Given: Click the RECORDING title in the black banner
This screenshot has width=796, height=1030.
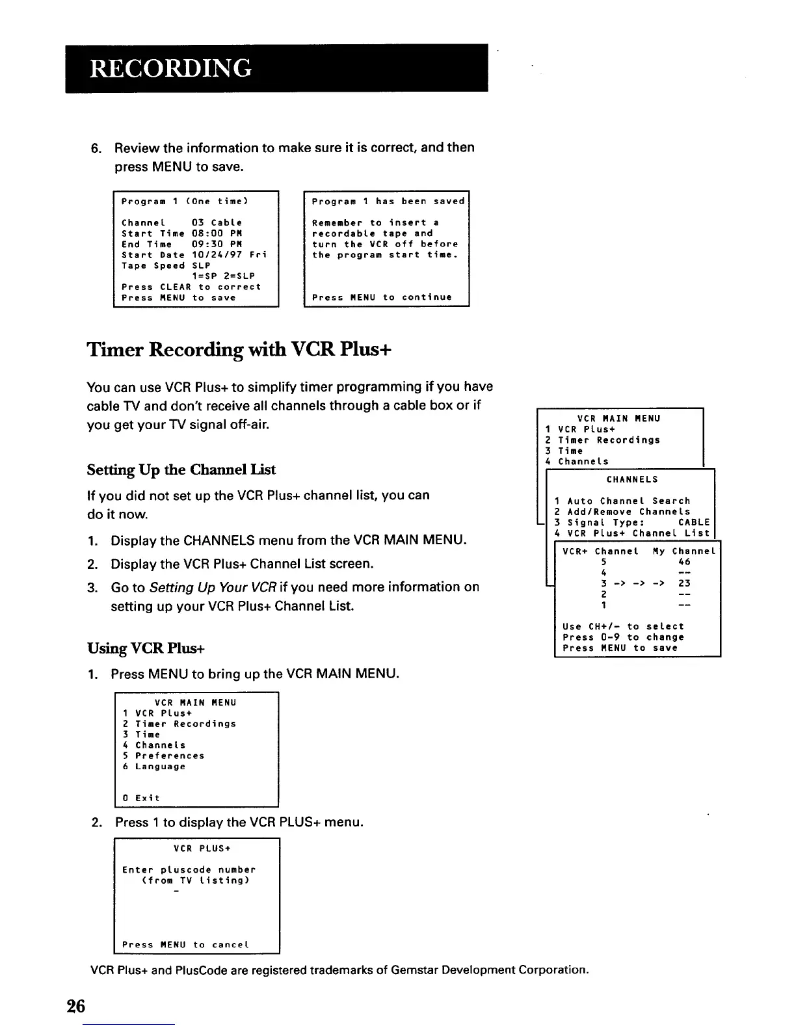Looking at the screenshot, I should tap(170, 68).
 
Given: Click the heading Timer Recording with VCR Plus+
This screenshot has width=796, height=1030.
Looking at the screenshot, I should tap(239, 350).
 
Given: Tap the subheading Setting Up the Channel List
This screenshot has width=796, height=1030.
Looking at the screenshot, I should tap(181, 469).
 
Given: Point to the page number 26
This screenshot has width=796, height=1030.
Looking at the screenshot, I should tap(75, 1006).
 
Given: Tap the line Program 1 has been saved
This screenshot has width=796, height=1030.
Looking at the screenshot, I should tap(388, 202).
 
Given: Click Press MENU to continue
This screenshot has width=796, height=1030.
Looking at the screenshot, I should tap(382, 298).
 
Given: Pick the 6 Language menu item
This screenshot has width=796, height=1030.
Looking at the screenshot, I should tap(154, 767).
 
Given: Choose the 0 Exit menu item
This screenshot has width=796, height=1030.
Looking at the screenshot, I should tap(141, 798).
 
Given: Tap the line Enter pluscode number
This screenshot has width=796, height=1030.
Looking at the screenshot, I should tap(189, 870).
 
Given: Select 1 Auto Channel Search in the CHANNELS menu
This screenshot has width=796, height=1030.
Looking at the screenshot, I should tap(622, 501).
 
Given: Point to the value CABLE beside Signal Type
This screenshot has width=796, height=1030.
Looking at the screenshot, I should tap(694, 523).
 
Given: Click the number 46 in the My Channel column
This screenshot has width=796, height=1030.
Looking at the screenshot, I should tap(683, 562).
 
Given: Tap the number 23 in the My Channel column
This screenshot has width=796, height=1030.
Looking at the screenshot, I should tap(683, 584).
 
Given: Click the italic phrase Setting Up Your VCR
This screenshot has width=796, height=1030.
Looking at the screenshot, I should tap(203, 587).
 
